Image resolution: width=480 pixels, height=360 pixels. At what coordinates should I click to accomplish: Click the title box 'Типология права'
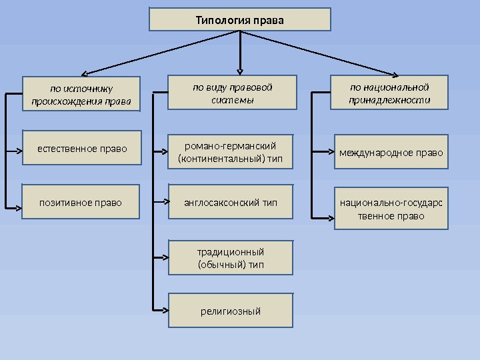tap(239, 20)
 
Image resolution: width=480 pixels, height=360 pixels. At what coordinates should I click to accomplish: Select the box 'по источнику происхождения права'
tap(82, 95)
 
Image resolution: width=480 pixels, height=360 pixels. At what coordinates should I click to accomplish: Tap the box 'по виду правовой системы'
tap(232, 93)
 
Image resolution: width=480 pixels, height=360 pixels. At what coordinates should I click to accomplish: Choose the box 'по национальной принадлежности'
tap(390, 93)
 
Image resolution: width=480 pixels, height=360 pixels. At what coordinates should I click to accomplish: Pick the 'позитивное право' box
tap(81, 201)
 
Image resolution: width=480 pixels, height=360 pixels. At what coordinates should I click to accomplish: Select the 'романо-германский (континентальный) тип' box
tap(231, 152)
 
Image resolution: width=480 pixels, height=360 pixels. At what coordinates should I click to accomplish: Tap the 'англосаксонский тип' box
tap(231, 202)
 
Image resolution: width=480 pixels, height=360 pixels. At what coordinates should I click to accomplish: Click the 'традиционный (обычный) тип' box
tap(231, 258)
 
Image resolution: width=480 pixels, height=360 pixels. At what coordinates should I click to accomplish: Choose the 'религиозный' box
tap(231, 311)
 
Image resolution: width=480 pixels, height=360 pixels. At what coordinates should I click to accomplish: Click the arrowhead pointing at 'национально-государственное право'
tap(329, 216)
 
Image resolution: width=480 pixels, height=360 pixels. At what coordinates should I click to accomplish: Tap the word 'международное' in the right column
tap(367, 153)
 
